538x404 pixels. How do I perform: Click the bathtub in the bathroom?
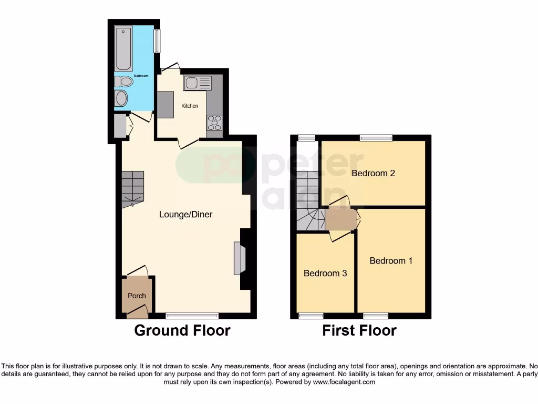click(x=124, y=48)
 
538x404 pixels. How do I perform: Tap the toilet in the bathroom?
click(x=124, y=82)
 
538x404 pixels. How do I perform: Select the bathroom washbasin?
click(x=121, y=98)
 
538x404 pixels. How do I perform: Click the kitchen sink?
click(x=198, y=83)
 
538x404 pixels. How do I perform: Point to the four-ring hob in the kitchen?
click(x=214, y=123)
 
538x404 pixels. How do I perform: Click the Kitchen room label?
click(x=190, y=106)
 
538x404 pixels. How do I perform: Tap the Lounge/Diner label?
click(x=186, y=215)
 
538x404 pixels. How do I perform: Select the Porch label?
click(x=137, y=296)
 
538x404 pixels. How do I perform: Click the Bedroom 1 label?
click(x=391, y=261)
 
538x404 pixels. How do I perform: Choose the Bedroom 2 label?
click(x=373, y=174)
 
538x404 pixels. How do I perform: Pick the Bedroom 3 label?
click(x=325, y=274)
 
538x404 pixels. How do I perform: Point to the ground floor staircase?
click(x=132, y=189)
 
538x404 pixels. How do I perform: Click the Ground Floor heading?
click(x=182, y=330)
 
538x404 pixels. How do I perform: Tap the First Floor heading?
click(x=359, y=330)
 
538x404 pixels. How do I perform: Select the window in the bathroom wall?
click(x=157, y=41)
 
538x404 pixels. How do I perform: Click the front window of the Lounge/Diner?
click(x=192, y=316)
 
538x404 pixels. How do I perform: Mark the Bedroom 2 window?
click(x=376, y=138)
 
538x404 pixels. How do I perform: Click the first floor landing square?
click(x=340, y=219)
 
